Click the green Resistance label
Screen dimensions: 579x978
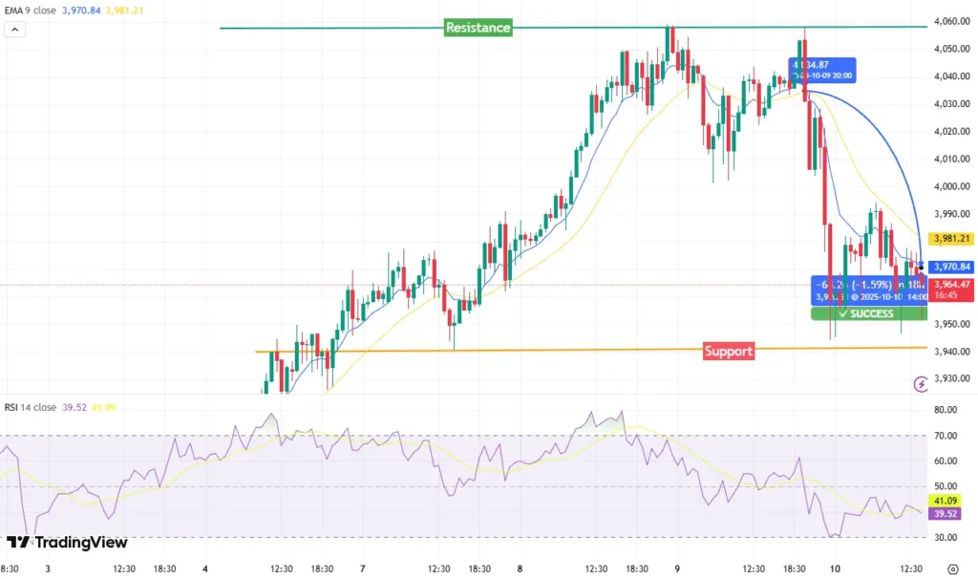coord(478,28)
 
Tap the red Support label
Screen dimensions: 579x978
coord(729,351)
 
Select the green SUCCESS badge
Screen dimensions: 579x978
coord(868,313)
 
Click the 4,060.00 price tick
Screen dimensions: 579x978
coord(950,22)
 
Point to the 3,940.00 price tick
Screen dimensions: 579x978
coord(950,352)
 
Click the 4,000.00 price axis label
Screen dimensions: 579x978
coord(950,186)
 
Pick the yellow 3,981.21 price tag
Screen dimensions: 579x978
coord(950,239)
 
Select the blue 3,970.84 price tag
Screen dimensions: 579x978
coord(950,267)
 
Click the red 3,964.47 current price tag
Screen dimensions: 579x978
coord(950,284)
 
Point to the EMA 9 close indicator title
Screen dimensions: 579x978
coord(31,11)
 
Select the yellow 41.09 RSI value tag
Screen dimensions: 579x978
coord(945,500)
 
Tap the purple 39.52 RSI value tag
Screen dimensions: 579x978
coord(945,513)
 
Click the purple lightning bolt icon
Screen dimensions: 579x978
coord(921,384)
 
